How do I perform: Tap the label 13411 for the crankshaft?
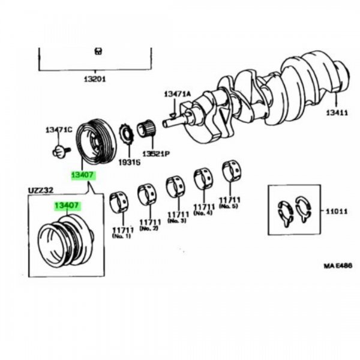click(x=337, y=113)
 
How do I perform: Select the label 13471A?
click(x=177, y=94)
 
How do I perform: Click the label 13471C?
click(x=58, y=130)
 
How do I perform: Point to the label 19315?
click(x=128, y=162)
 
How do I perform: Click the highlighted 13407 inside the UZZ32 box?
click(x=67, y=206)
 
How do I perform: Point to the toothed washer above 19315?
click(x=127, y=133)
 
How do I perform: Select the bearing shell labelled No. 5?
click(x=231, y=170)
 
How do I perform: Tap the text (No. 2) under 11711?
click(x=148, y=228)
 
